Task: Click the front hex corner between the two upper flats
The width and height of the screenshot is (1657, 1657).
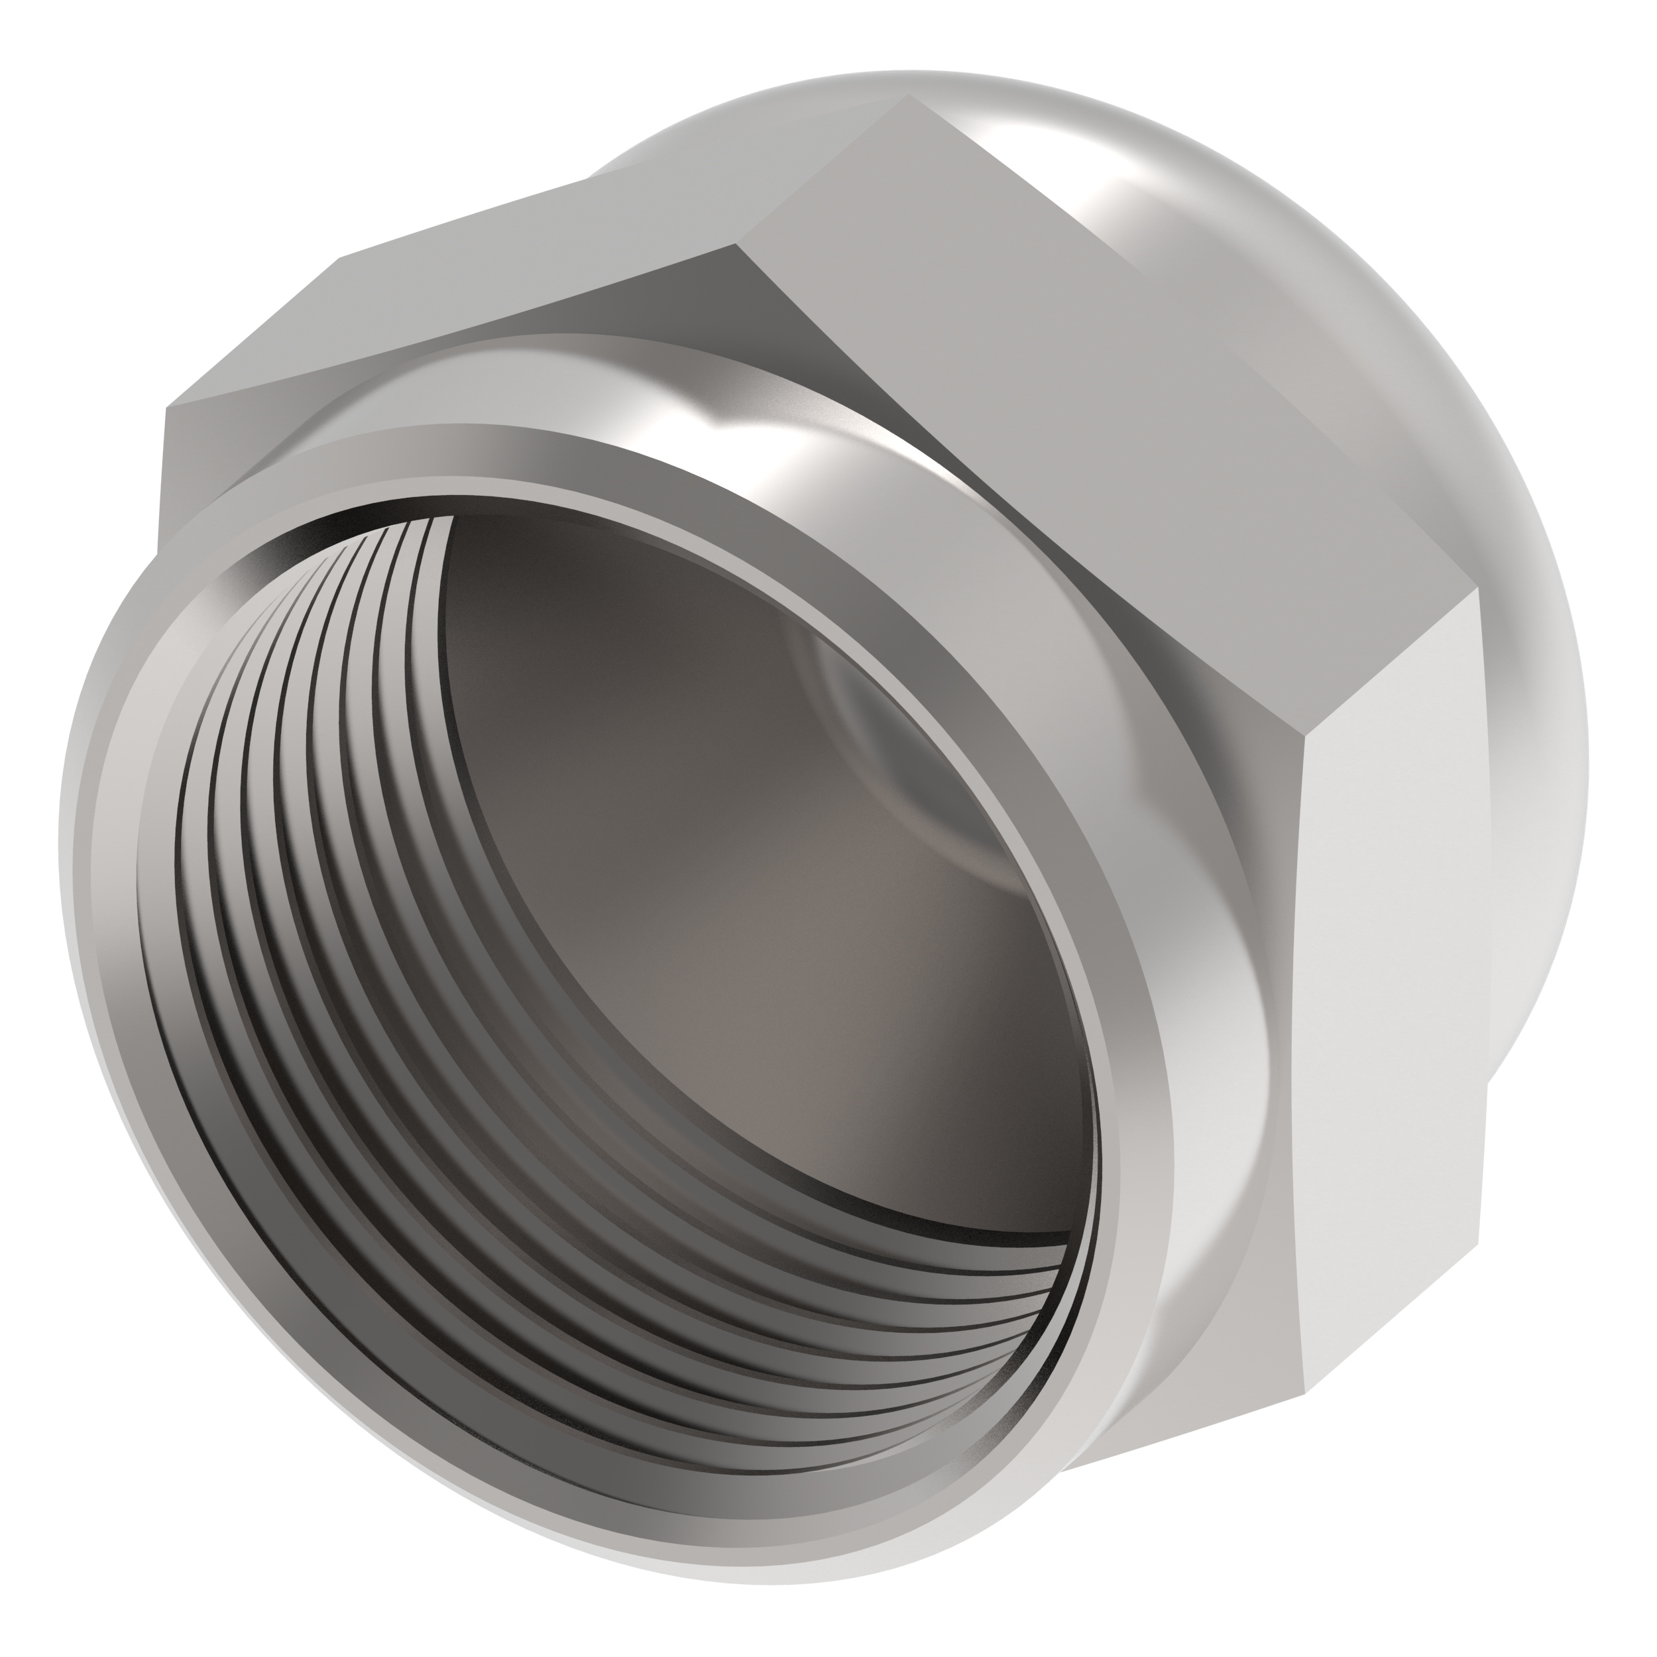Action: pyautogui.click(x=736, y=245)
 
